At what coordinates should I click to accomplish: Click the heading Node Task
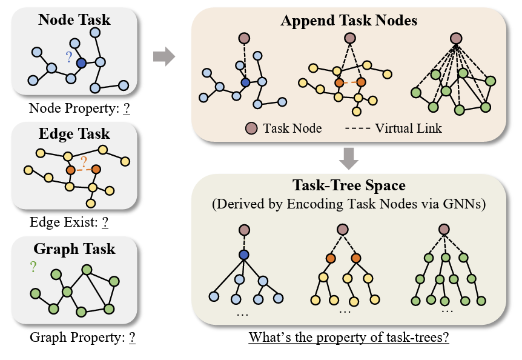(74, 19)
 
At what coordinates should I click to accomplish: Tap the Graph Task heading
(74, 248)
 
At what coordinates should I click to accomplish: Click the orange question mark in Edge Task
(84, 161)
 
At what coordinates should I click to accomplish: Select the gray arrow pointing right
(164, 58)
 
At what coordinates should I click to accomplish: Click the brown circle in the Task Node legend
(250, 128)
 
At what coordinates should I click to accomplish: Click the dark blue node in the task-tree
(244, 255)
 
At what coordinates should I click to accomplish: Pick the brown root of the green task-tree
(444, 230)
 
